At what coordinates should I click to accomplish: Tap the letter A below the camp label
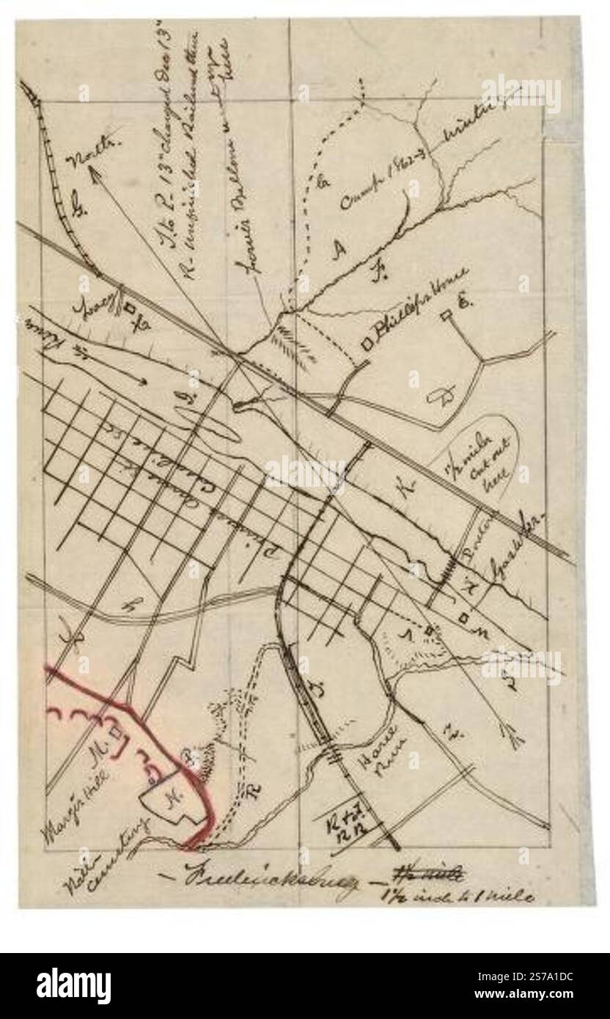point(339,251)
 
